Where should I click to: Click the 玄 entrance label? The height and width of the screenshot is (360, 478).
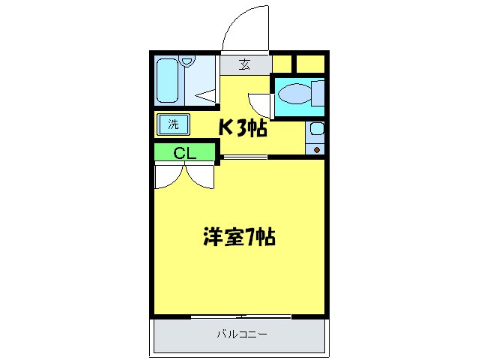(x=245, y=64)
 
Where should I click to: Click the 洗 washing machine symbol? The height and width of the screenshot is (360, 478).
(x=173, y=124)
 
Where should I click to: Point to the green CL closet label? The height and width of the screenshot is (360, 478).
(x=184, y=153)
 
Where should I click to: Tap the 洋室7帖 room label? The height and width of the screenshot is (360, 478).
(x=239, y=238)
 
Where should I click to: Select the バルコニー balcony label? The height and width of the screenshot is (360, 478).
(x=242, y=334)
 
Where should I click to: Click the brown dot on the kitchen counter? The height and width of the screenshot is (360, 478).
(x=317, y=149)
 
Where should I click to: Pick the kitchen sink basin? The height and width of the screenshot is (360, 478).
(x=316, y=128)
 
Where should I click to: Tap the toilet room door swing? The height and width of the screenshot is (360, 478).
(x=260, y=103)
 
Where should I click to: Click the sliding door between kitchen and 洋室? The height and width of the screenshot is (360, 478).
(x=244, y=157)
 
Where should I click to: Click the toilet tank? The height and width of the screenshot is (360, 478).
(x=318, y=95)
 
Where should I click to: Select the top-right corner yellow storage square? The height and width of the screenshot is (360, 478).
(x=311, y=62)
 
